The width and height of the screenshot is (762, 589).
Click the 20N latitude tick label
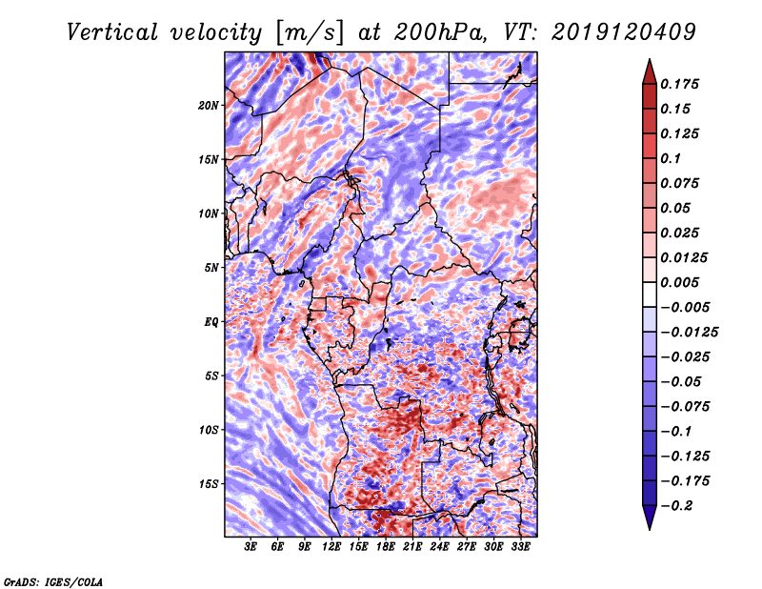(x=209, y=105)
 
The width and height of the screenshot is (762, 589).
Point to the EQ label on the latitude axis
(x=211, y=322)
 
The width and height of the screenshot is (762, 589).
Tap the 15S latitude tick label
(x=209, y=484)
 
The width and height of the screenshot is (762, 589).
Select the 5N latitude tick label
(x=211, y=268)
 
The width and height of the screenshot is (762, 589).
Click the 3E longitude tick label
(x=251, y=547)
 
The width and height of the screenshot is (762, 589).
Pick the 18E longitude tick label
(x=387, y=547)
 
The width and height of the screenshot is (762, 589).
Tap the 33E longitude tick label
(x=521, y=547)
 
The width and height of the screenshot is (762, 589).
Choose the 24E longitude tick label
(x=440, y=547)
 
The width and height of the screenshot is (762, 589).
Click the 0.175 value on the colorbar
(x=681, y=84)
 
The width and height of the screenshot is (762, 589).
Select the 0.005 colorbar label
(x=681, y=282)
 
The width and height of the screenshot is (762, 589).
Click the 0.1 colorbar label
(x=672, y=158)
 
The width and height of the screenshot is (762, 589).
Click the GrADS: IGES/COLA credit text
(x=52, y=580)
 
